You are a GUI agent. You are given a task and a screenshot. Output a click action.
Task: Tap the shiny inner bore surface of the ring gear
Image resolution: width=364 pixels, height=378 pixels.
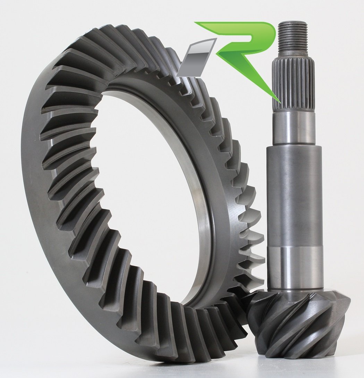coord(201,194)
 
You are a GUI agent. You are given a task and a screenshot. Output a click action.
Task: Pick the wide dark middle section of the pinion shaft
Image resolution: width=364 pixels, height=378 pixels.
coord(294,194)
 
